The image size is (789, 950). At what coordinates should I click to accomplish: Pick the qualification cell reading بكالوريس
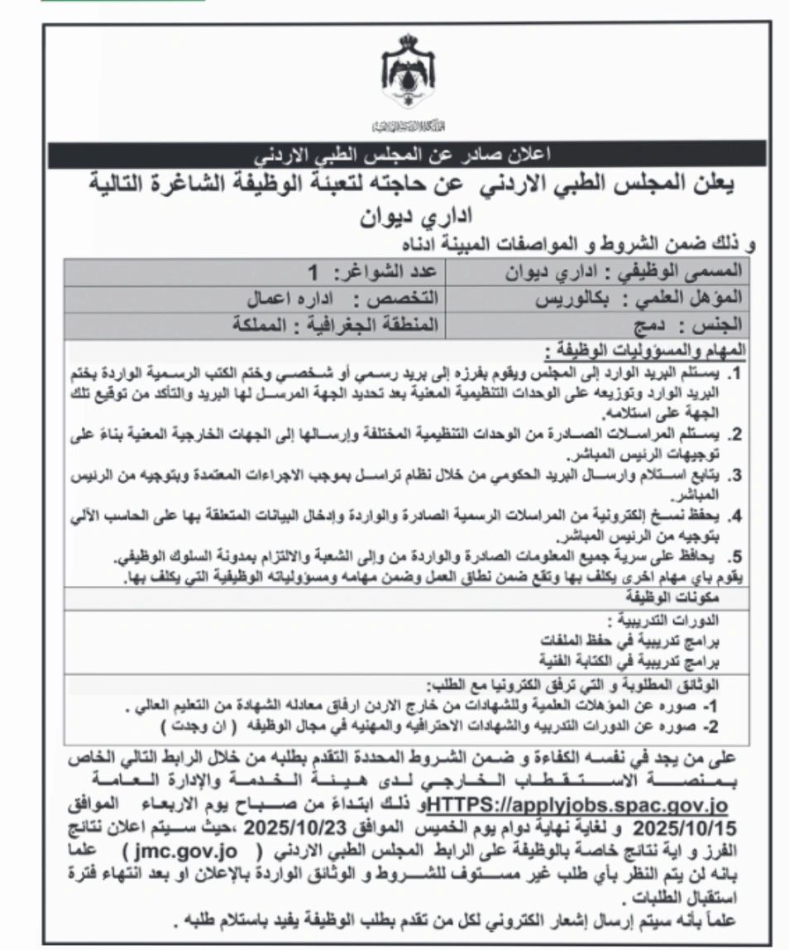tap(596, 297)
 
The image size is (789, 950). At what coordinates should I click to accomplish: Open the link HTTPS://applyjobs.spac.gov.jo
tap(578, 804)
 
